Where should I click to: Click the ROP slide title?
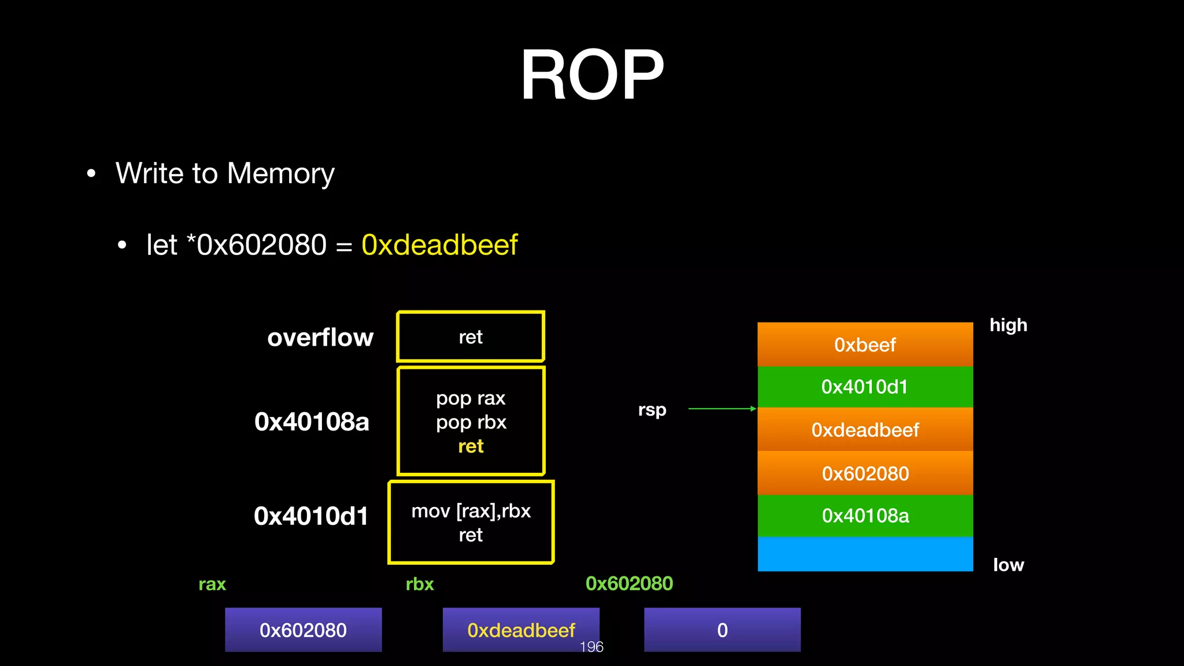point(592,75)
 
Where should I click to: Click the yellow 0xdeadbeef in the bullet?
point(439,245)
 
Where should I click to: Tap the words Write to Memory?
point(225,173)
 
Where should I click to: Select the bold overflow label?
point(320,338)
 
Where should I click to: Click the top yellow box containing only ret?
point(471,337)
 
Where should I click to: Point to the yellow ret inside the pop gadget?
point(471,446)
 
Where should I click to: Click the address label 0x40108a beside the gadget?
point(312,422)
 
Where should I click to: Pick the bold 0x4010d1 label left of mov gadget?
point(311,516)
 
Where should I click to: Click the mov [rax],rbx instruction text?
point(471,511)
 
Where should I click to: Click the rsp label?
point(652,410)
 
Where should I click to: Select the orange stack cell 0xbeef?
point(865,345)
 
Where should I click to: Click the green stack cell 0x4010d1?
point(865,387)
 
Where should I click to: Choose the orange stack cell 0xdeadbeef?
point(865,430)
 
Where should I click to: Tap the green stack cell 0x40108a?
point(865,516)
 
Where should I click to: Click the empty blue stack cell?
point(865,554)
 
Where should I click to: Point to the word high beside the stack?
point(1008,325)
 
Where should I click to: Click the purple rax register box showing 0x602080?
point(303,630)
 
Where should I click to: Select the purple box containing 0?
point(722,630)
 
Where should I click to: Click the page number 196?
point(591,647)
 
